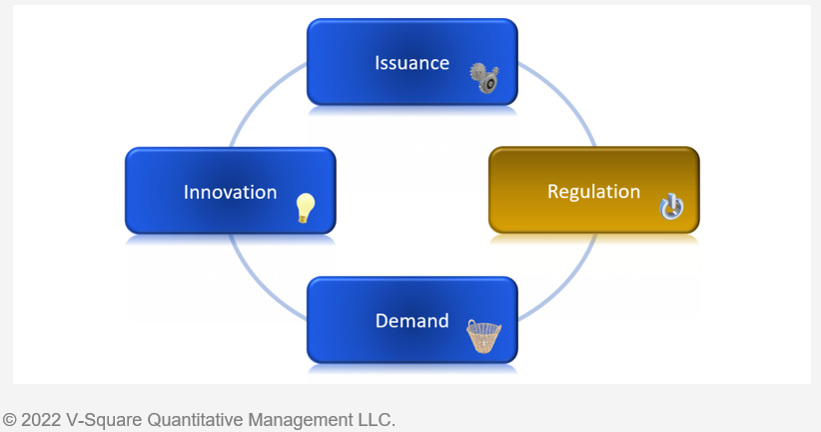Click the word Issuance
[412, 63]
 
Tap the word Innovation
[230, 192]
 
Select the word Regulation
[593, 192]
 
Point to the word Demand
[412, 321]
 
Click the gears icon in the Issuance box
[484, 78]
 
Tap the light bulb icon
[306, 208]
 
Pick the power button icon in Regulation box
[671, 207]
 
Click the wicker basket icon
[483, 336]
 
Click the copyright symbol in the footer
[9, 420]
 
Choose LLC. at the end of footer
[377, 420]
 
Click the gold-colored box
[593, 190]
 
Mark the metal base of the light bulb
[303, 219]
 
